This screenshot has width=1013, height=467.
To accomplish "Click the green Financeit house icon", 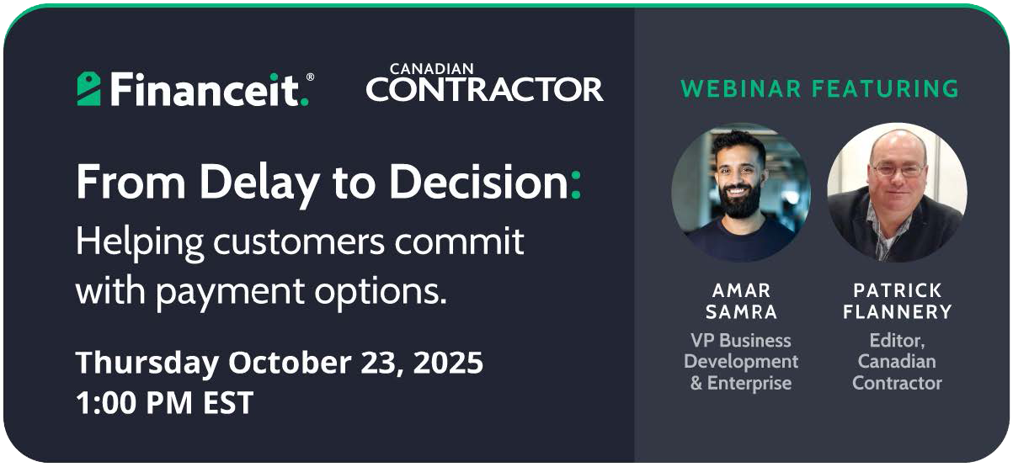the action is (88, 89).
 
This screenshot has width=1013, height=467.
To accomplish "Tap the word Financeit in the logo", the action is (205, 89).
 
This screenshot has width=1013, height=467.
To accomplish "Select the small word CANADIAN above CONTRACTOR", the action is (431, 69).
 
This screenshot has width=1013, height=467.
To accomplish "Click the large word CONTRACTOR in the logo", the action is (485, 89).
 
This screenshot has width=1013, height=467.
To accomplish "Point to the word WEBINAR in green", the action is (741, 88).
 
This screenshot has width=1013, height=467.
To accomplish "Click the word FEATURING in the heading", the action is (885, 88).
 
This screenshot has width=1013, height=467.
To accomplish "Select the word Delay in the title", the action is (259, 183).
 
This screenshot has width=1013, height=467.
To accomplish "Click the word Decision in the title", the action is (478, 182).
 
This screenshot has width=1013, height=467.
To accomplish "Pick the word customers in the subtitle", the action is (299, 241).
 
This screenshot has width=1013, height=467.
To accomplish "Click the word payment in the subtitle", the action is (231, 293).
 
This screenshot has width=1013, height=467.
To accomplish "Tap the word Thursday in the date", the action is (147, 363).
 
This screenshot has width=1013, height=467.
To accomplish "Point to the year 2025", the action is (448, 362).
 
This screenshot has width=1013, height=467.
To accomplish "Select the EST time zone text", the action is (228, 403).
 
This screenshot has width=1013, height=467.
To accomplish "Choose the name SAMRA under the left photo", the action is (741, 312).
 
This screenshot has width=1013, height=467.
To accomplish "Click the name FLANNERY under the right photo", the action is (898, 312).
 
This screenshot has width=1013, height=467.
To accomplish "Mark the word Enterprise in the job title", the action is (749, 384).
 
